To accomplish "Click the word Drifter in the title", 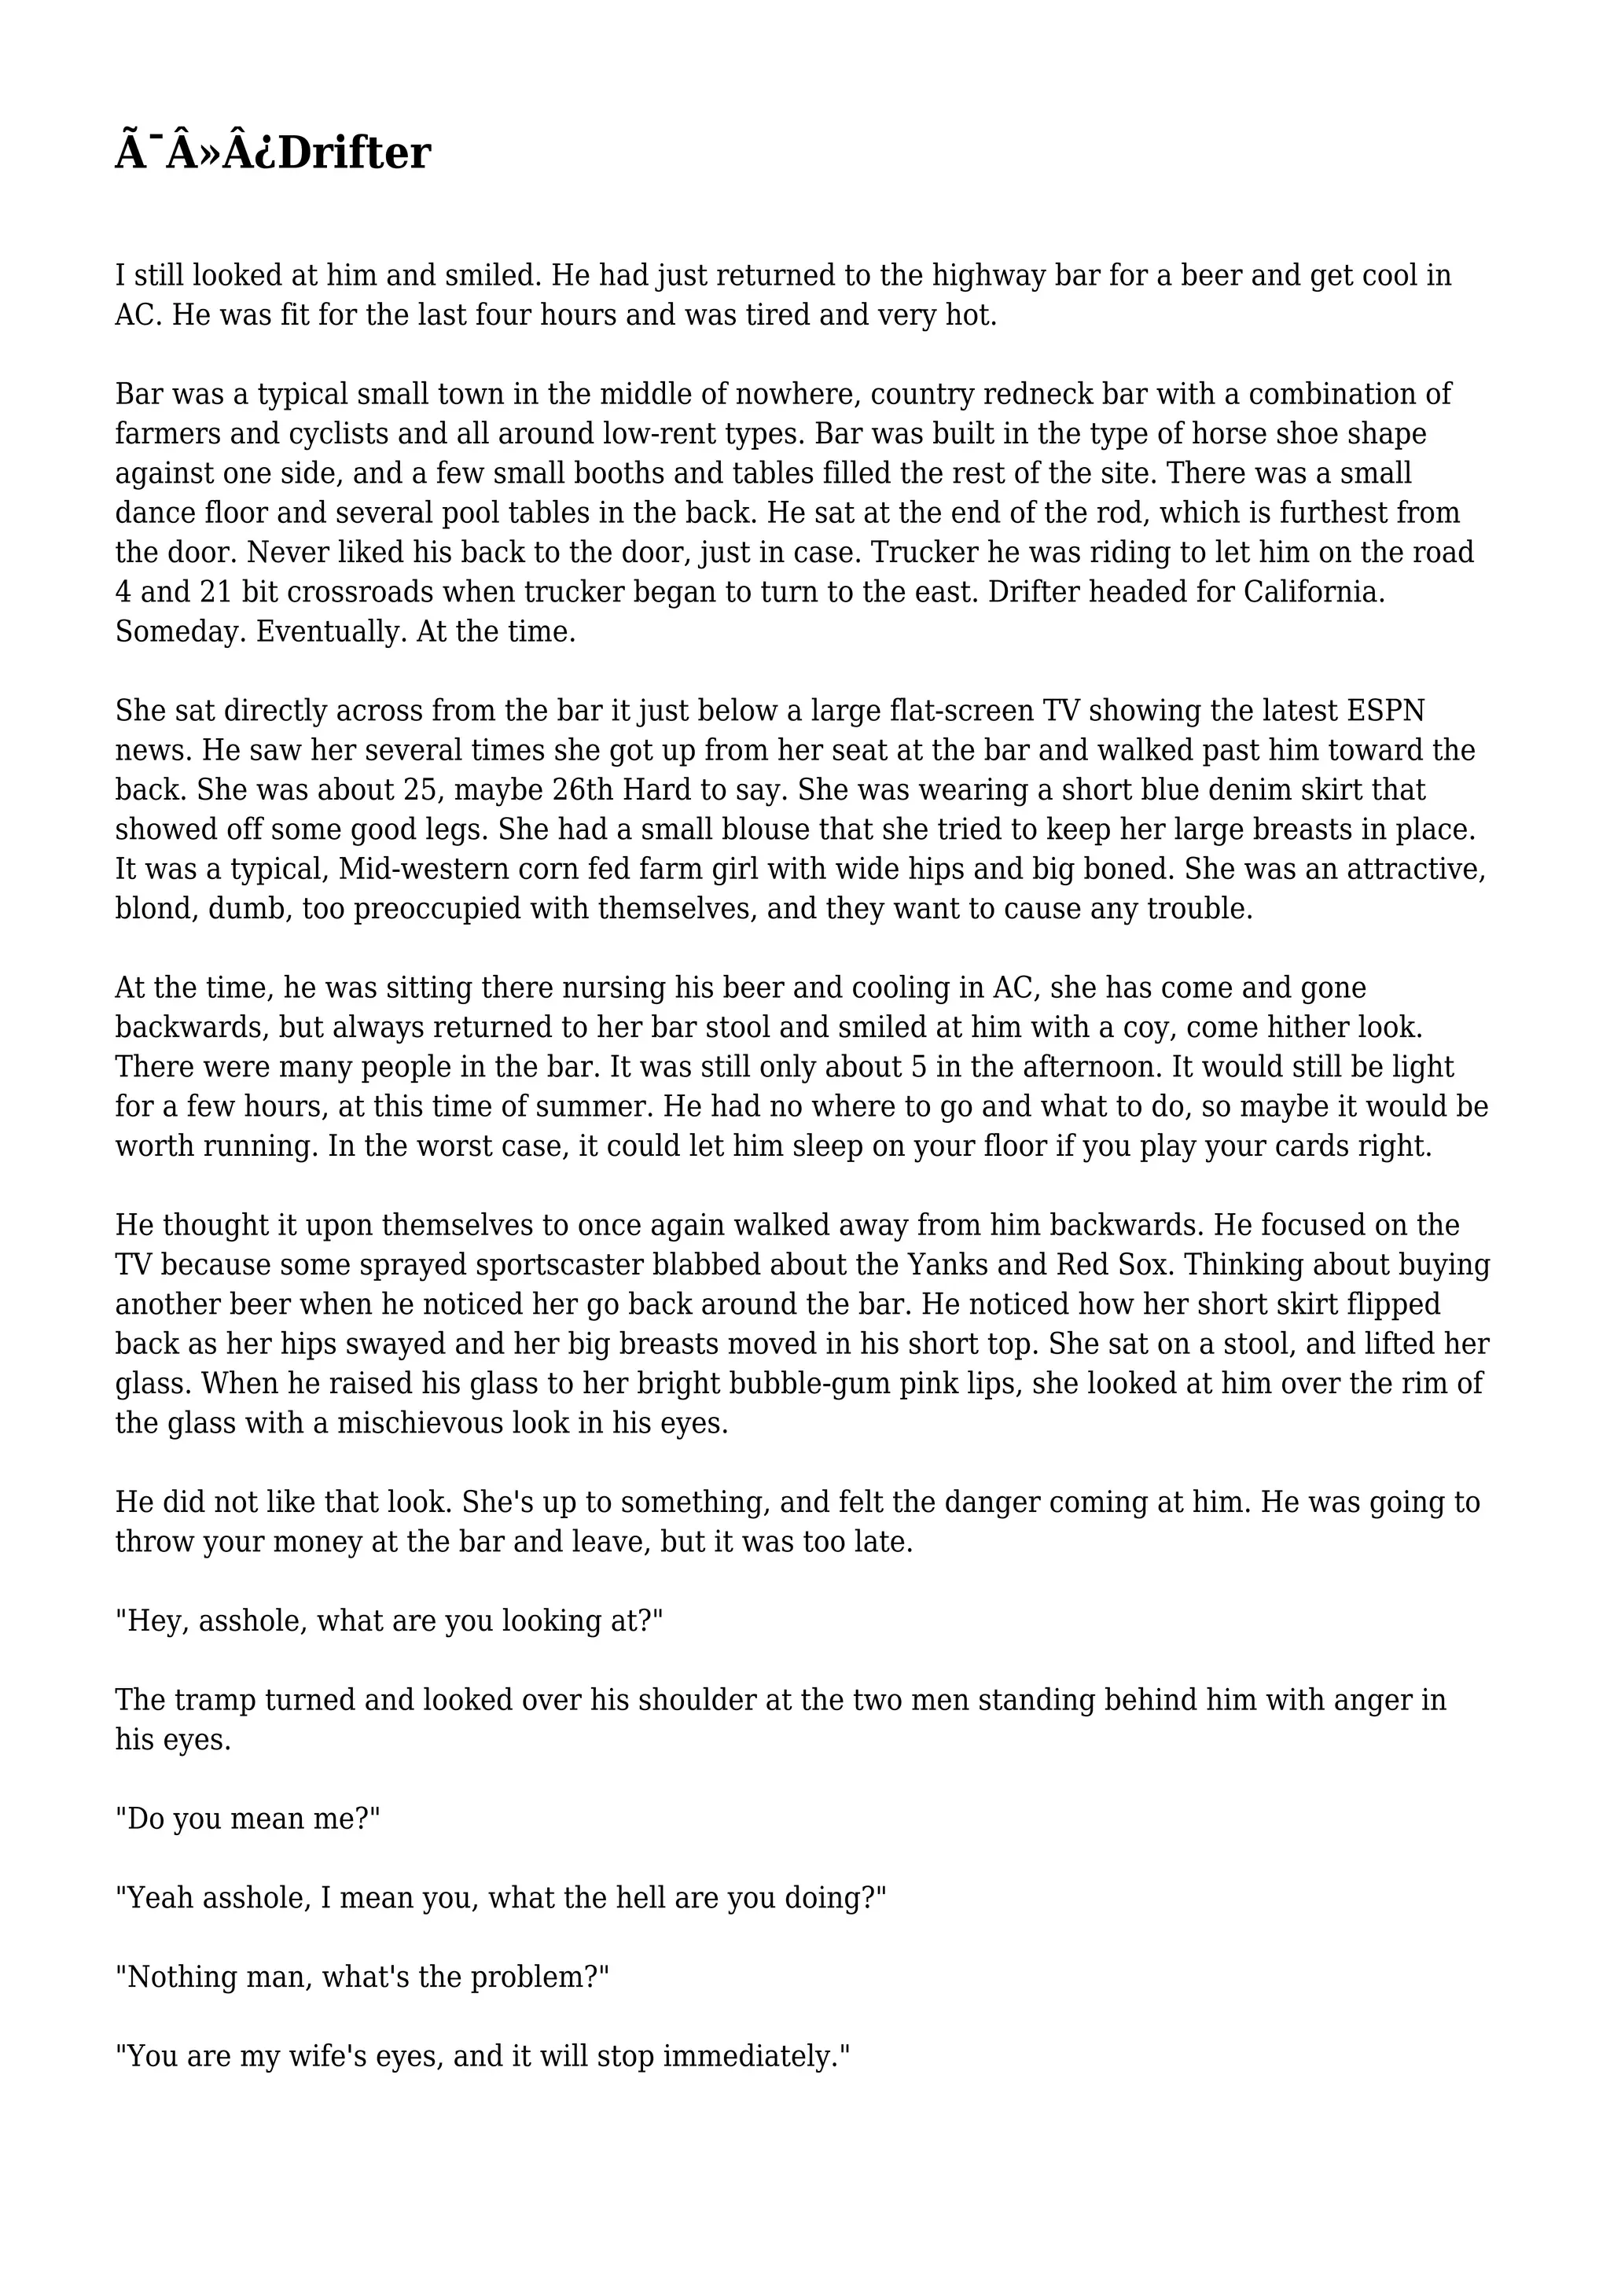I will click(x=354, y=154).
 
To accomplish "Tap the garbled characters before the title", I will click(x=195, y=154).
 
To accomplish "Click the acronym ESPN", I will click(x=1386, y=711).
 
